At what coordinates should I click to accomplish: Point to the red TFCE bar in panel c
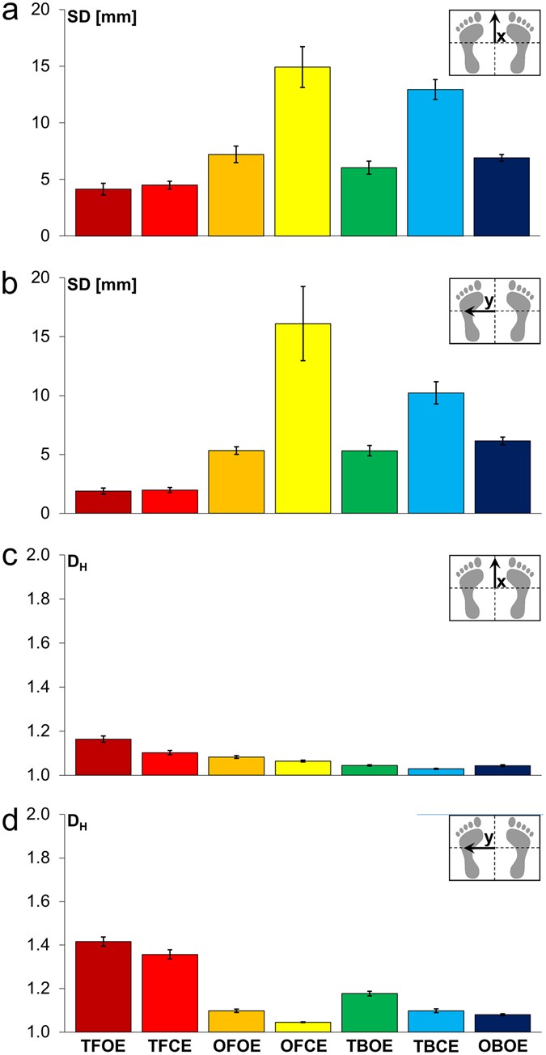[x=170, y=764]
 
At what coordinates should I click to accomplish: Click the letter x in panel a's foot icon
[x=502, y=37]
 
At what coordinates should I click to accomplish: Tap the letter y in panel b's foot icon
[x=489, y=301]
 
